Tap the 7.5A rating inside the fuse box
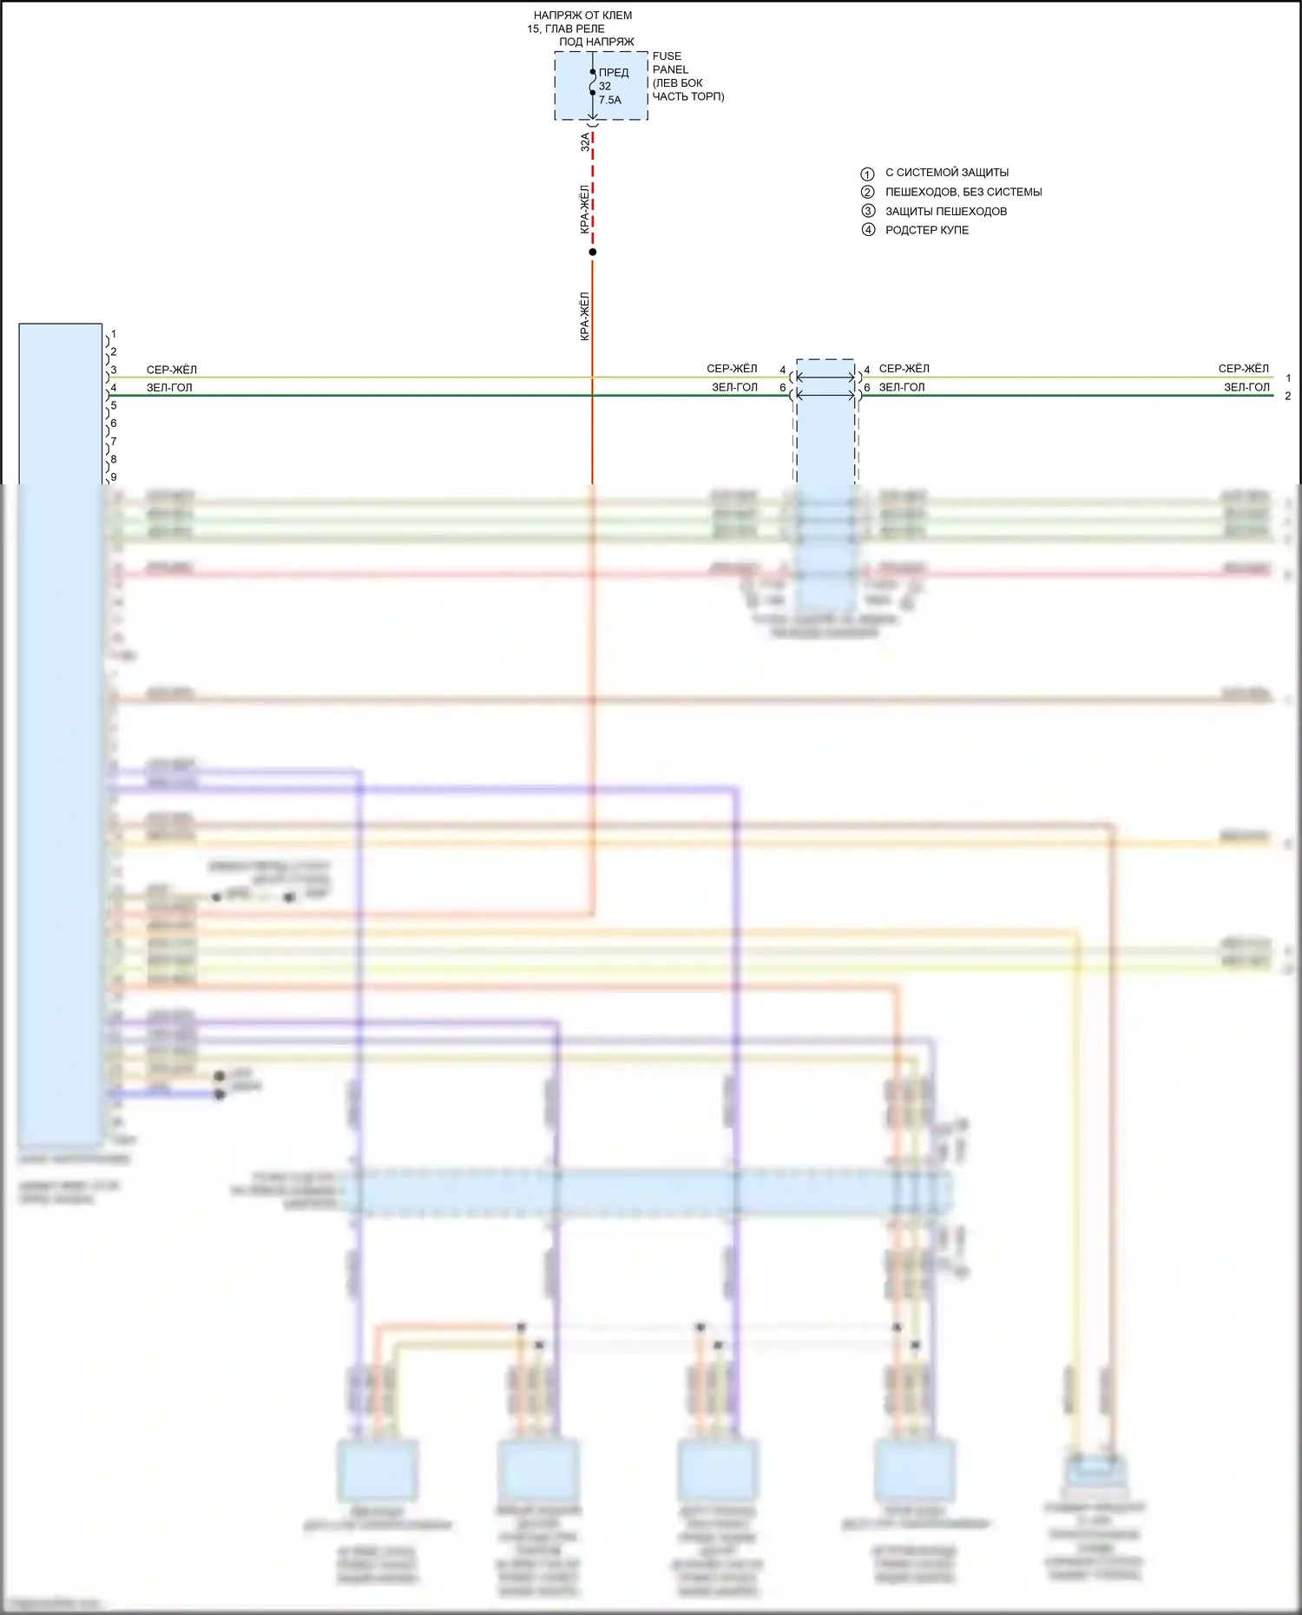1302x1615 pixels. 610,100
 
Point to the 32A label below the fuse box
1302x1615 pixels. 585,141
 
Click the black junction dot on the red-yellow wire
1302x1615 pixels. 593,252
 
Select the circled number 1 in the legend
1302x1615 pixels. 867,174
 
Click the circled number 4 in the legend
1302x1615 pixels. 868,230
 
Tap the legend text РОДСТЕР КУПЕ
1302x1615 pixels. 926,230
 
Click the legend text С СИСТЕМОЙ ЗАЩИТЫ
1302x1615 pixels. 947,173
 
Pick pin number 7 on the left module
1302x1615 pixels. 114,441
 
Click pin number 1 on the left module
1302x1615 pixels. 114,333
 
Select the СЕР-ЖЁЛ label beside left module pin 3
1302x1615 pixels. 172,370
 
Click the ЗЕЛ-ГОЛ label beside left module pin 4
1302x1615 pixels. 169,387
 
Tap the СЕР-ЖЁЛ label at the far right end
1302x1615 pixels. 1243,369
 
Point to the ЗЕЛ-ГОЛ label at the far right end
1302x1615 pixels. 1246,387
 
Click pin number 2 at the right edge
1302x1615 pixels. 1288,396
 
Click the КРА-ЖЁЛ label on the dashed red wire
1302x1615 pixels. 585,208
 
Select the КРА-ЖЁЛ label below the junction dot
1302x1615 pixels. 585,316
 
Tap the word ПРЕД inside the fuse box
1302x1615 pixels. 614,73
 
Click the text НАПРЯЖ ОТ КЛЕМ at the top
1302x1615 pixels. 582,16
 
